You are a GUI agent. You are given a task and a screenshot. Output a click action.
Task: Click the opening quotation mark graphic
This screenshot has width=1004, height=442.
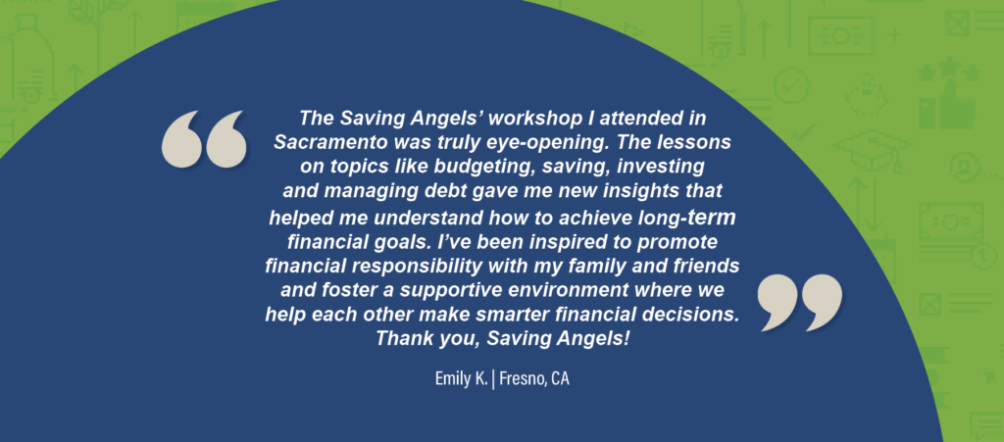tap(204, 139)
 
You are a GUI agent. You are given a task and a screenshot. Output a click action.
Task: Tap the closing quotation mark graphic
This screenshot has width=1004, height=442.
tap(800, 303)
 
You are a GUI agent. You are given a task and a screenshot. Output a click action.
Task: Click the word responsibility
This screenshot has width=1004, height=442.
tap(399, 267)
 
